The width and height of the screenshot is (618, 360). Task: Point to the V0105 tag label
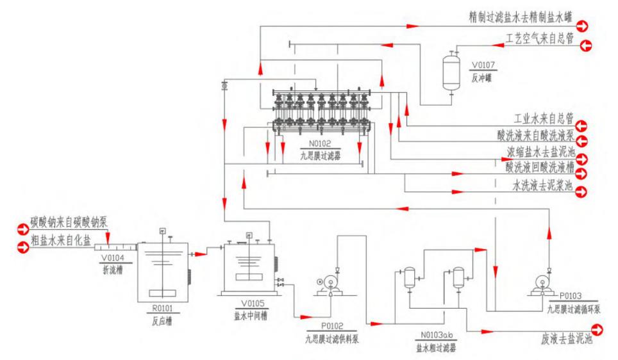click(247, 304)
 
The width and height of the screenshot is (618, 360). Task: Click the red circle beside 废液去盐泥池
click(598, 330)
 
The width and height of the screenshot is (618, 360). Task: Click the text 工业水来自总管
click(544, 119)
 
